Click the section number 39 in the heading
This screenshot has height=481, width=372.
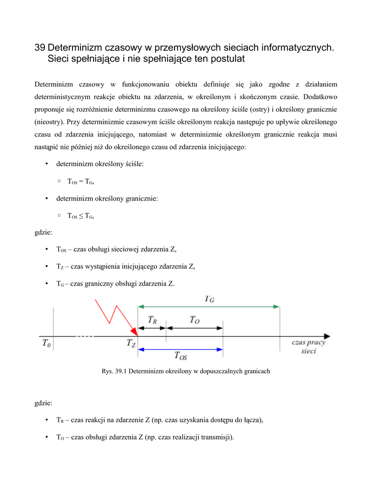coord(40,48)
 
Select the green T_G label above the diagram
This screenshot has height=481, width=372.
coord(210,298)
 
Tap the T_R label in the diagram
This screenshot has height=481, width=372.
coord(152,320)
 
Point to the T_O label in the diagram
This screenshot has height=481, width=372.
coord(195,320)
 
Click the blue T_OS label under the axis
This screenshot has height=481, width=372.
coord(181,356)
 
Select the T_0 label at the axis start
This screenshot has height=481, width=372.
coord(46,343)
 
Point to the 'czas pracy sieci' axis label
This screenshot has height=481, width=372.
coord(309,347)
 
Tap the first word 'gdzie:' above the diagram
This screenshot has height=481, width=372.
coord(44,232)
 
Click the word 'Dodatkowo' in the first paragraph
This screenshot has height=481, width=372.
coord(321,97)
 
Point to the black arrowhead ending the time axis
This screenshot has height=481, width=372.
coord(327,336)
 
